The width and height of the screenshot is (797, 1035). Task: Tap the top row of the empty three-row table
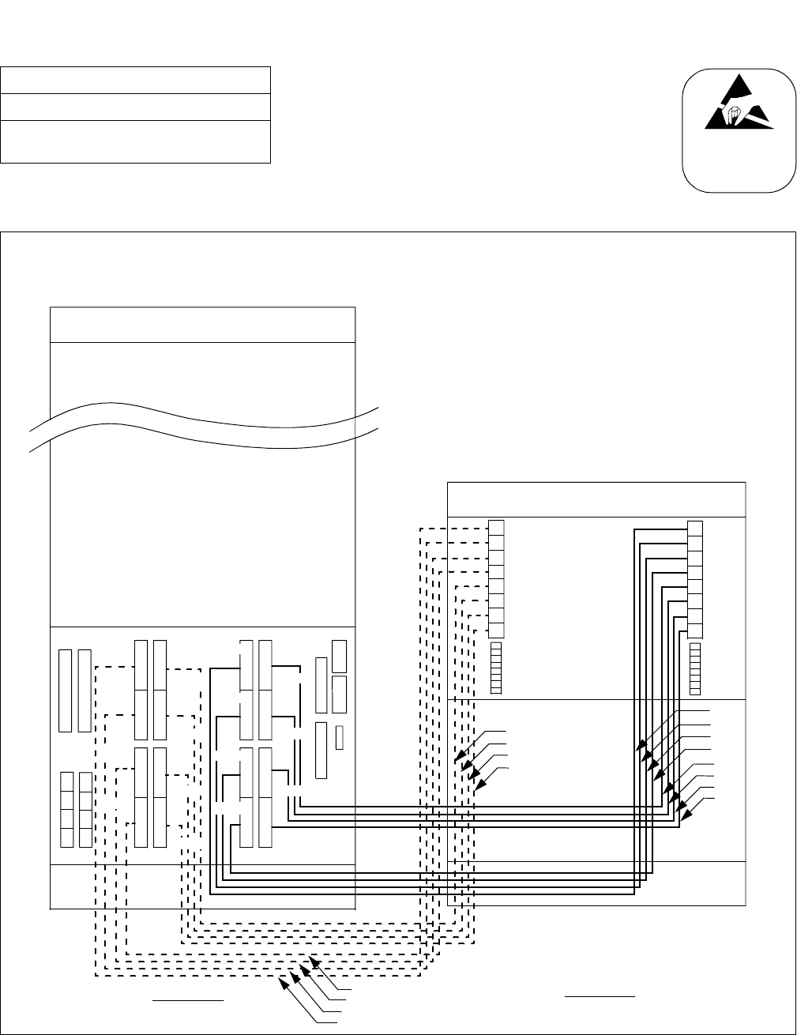pos(135,81)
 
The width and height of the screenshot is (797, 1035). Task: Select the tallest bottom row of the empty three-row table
pos(135,141)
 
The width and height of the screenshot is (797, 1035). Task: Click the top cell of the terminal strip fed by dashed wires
pos(497,528)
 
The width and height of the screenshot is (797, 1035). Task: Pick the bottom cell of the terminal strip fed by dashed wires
pos(497,630)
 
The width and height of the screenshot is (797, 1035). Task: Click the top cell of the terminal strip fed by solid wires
pos(695,528)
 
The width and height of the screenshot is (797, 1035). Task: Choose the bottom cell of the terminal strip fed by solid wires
pos(695,630)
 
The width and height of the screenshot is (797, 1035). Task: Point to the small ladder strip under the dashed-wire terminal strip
pos(497,668)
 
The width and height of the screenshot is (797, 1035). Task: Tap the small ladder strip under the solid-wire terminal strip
pos(695,668)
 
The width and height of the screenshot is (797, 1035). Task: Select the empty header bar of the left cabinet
pos(202,325)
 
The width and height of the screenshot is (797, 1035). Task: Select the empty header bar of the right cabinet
pos(596,499)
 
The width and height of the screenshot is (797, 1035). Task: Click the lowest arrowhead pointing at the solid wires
pos(684,815)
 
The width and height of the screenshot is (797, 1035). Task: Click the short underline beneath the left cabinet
pos(189,1000)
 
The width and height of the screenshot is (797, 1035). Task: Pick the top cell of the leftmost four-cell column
pos(67,781)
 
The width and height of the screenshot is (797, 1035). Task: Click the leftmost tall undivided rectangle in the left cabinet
pos(65,690)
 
